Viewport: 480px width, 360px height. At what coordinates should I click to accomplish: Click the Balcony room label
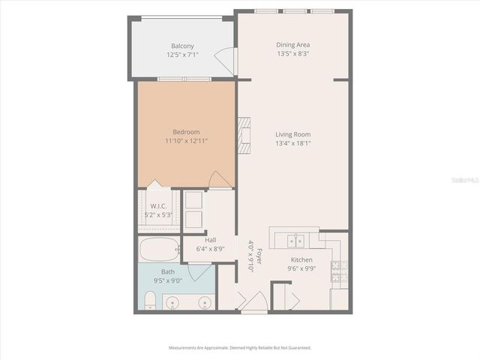[182, 46]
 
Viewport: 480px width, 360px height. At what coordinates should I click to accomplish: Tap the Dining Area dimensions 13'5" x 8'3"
[293, 54]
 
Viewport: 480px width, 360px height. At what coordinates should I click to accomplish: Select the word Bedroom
[186, 132]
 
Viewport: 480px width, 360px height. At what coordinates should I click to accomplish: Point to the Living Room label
[292, 134]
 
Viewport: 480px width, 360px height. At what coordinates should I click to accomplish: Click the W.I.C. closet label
[157, 206]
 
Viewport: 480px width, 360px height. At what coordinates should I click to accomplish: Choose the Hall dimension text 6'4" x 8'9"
[211, 249]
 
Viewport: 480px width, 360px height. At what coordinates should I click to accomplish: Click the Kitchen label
[301, 259]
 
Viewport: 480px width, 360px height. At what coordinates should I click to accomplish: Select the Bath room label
[168, 273]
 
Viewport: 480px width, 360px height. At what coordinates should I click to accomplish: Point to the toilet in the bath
[149, 301]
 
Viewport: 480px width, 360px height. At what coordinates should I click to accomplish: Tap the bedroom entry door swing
[219, 180]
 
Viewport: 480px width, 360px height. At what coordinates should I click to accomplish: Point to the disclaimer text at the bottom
[240, 348]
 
